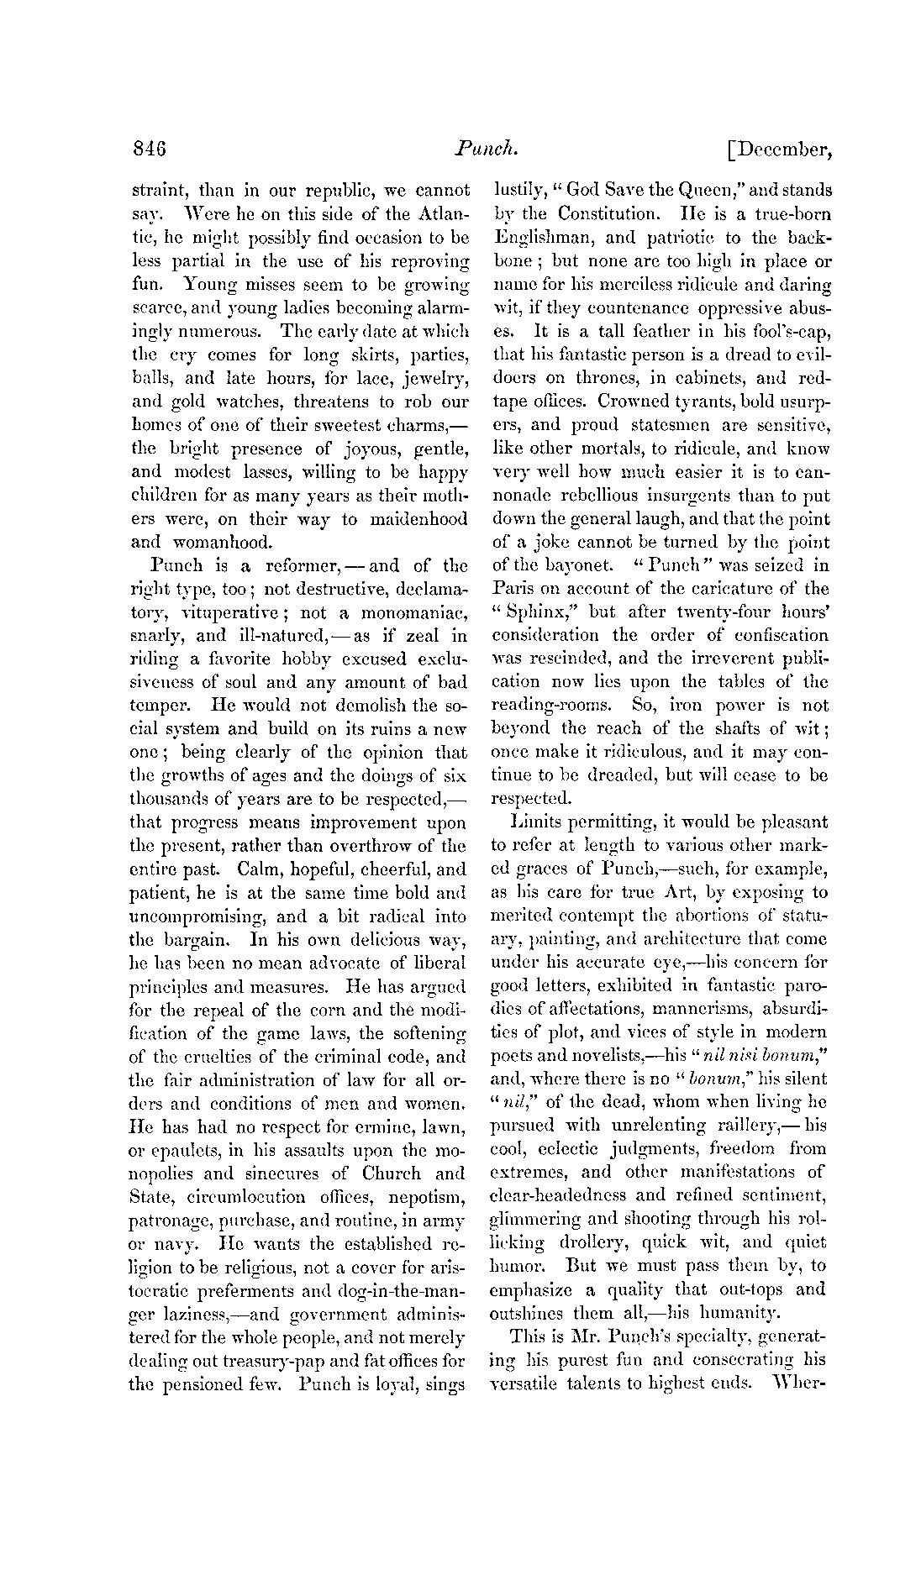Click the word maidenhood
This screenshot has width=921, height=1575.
point(412,519)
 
